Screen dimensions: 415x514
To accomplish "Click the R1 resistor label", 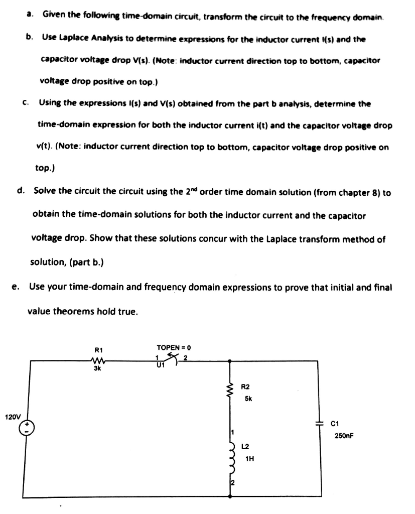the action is click(x=98, y=349).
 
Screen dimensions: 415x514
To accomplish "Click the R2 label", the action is click(x=245, y=387).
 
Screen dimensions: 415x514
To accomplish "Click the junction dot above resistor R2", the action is click(x=230, y=360).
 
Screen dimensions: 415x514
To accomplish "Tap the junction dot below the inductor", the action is click(x=230, y=496).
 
